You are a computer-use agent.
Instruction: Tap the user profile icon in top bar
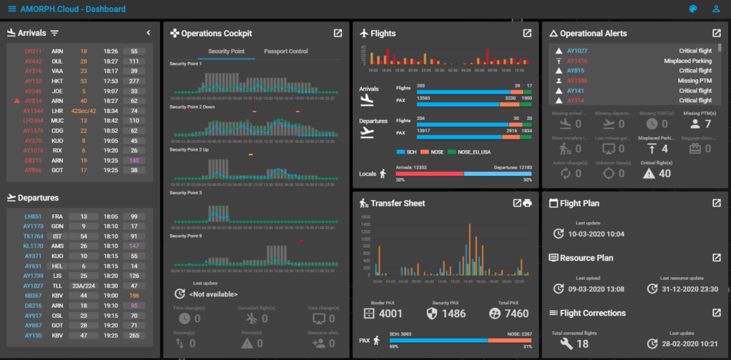pyautogui.click(x=716, y=9)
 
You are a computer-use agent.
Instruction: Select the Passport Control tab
pyautogui.click(x=286, y=51)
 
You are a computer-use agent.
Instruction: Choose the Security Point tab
pyautogui.click(x=226, y=51)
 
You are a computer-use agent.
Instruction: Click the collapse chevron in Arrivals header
pyautogui.click(x=148, y=33)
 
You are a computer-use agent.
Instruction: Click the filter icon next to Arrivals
pyautogui.click(x=55, y=33)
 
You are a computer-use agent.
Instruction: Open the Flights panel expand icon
pyautogui.click(x=527, y=33)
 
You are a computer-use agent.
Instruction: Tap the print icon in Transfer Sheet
pyautogui.click(x=528, y=203)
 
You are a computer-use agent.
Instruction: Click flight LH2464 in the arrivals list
pyautogui.click(x=34, y=121)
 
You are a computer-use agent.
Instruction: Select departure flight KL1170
pyautogui.click(x=34, y=246)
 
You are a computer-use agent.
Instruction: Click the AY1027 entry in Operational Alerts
pyautogui.click(x=577, y=51)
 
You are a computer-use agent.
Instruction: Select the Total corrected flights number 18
pyautogui.click(x=583, y=344)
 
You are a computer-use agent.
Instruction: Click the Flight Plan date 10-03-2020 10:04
pyautogui.click(x=597, y=234)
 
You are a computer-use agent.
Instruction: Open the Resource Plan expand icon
pyautogui.click(x=716, y=258)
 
